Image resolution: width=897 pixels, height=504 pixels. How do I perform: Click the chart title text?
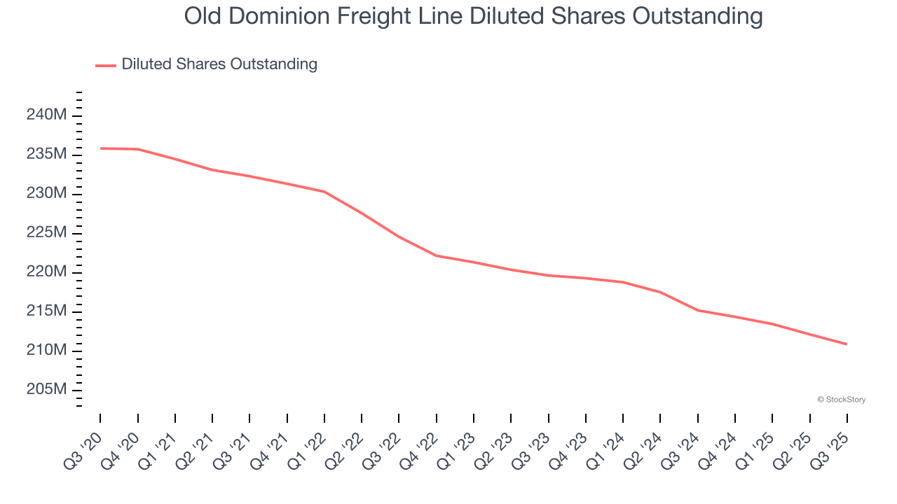pos(473,16)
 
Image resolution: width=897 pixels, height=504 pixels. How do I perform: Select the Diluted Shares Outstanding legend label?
pos(219,64)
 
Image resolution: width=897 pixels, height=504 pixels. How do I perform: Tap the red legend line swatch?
pos(106,65)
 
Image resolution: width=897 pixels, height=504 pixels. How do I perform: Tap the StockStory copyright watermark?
pos(841,400)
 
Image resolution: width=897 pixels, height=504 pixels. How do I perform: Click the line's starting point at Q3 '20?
pos(100,148)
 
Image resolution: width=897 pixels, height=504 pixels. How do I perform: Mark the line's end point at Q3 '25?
pos(847,344)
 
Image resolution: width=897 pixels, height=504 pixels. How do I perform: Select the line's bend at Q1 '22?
pos(324,192)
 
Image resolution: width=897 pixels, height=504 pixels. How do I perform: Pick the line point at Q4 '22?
pos(437,255)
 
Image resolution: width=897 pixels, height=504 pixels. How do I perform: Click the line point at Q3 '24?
pos(698,310)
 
